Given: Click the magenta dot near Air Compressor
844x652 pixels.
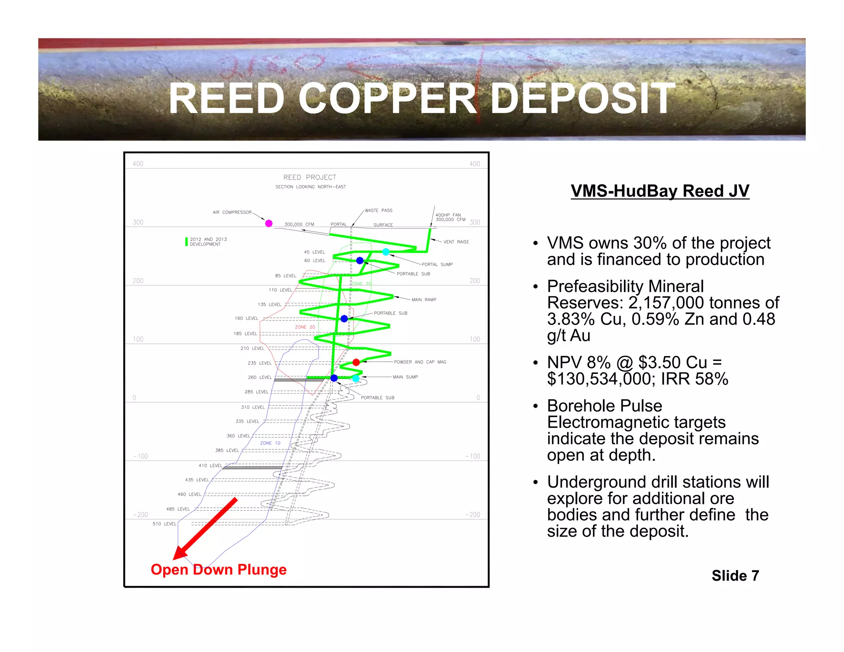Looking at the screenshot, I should (269, 223).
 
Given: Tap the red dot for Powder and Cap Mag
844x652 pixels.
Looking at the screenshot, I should (356, 362).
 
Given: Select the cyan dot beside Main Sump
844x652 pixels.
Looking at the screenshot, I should (356, 378).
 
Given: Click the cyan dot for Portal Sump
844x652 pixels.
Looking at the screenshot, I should (386, 252).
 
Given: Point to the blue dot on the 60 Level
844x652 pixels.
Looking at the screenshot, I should (360, 260).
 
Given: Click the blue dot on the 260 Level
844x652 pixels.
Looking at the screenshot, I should (334, 378).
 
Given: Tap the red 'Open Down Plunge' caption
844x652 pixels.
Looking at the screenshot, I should (218, 570).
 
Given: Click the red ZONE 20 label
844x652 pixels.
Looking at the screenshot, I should (305, 327).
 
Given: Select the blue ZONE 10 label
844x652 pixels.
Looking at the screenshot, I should (270, 443).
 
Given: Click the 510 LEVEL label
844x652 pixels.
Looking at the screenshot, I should (164, 524).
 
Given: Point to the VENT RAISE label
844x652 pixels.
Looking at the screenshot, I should (456, 242).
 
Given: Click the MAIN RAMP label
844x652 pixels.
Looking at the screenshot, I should (424, 300).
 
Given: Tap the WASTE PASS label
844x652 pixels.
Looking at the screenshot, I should (378, 211).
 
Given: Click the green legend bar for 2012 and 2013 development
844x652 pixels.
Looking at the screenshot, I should (186, 242).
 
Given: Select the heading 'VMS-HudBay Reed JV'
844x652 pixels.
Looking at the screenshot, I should (660, 191).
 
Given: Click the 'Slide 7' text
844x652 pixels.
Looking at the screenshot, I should (735, 576).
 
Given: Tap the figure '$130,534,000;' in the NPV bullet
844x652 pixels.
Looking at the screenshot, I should (601, 379).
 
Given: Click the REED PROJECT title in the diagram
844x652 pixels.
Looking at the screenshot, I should (309, 178).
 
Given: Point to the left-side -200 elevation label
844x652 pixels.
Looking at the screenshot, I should (141, 515).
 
